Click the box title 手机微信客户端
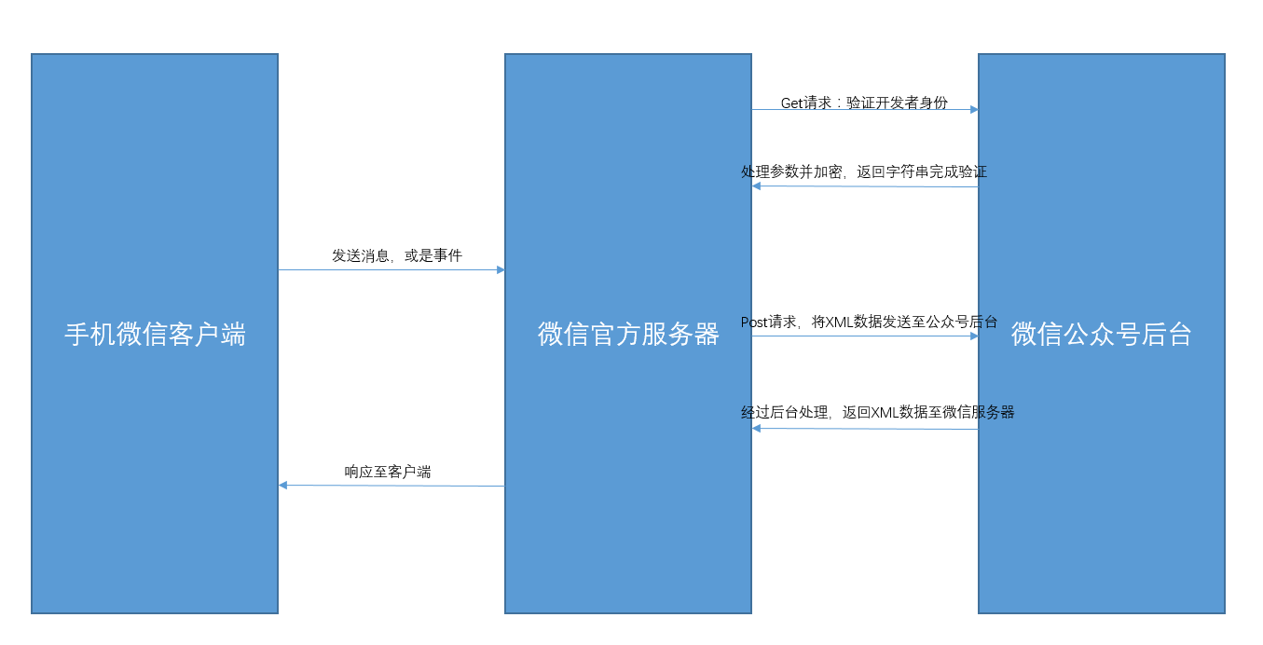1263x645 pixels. click(x=155, y=335)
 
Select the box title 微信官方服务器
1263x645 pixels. click(x=628, y=335)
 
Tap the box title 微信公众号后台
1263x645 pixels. click(x=1102, y=335)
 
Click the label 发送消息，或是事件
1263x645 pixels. click(x=397, y=255)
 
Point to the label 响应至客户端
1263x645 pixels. click(x=388, y=472)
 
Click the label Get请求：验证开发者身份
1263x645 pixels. click(x=864, y=103)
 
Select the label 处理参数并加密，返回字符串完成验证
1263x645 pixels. click(x=864, y=172)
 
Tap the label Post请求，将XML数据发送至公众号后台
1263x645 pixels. click(x=869, y=322)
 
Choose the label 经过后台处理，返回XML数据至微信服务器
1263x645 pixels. click(x=877, y=412)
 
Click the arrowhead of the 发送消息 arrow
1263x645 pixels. click(x=501, y=270)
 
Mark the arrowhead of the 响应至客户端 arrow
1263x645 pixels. click(x=283, y=485)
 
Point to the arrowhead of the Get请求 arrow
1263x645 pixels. click(x=974, y=110)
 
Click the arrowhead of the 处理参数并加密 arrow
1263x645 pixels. click(x=757, y=185)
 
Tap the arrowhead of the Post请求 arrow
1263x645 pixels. click(x=974, y=336)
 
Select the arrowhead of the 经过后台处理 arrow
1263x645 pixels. click(x=757, y=428)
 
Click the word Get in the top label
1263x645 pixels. click(x=791, y=103)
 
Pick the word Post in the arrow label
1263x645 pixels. click(x=754, y=322)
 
